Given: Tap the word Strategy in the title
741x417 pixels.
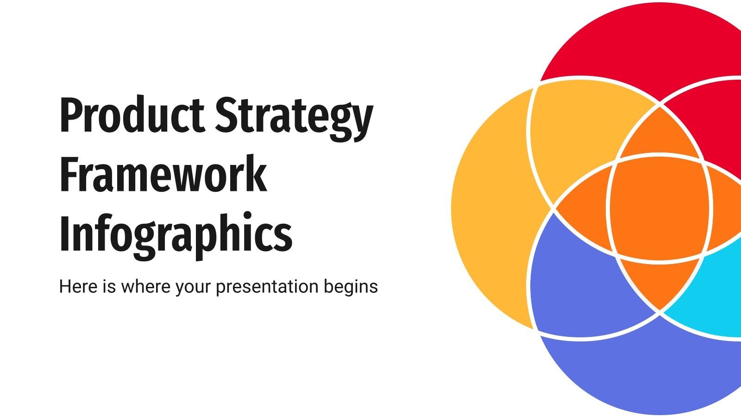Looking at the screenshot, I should (294, 116).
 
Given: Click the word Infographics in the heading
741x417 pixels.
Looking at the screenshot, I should (176, 234).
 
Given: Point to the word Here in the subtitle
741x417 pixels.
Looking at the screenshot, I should (78, 286).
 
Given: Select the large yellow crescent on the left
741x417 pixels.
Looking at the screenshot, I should (491, 208).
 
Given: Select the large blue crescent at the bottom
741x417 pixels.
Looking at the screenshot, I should (648, 371).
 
